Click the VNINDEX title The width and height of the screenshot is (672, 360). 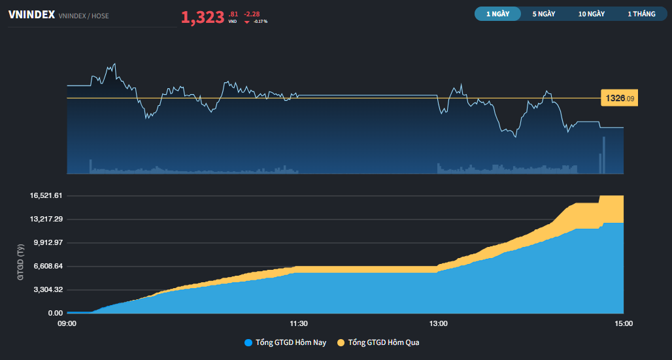(31, 14)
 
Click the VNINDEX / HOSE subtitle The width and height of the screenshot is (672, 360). (84, 15)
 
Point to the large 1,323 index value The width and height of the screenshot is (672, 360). (203, 18)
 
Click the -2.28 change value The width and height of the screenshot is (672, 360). (252, 14)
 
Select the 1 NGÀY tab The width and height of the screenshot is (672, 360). (497, 14)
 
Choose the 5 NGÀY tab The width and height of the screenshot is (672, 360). (543, 14)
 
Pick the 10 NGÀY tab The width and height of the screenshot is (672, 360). (591, 14)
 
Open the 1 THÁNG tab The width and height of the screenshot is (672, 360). (641, 14)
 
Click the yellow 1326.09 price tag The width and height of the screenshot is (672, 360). (619, 99)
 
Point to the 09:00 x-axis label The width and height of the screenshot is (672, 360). (67, 323)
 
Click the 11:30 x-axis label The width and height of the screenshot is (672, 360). (299, 323)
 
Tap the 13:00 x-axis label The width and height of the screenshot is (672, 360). (438, 323)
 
